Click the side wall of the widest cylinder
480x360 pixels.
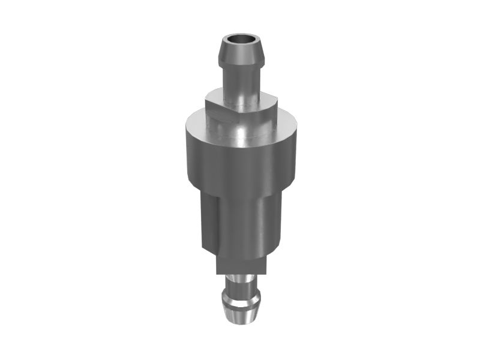[x=240, y=162]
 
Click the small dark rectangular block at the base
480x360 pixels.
[x=240, y=264]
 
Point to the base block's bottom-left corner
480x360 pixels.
[x=217, y=274]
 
